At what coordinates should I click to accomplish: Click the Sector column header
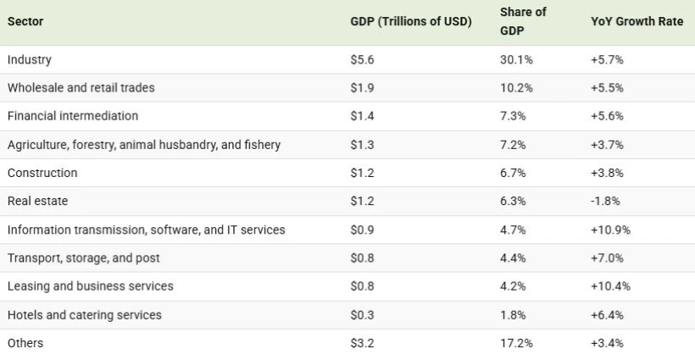coord(25,21)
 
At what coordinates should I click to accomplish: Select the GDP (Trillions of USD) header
coord(410,21)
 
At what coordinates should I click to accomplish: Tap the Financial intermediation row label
coord(72,116)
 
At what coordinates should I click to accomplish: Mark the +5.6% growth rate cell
coord(608,116)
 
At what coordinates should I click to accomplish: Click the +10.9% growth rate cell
coord(610,230)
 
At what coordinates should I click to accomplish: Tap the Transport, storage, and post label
coord(82,258)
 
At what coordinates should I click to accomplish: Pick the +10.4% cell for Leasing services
coord(610,286)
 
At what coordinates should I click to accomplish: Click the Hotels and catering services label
coord(84,315)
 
